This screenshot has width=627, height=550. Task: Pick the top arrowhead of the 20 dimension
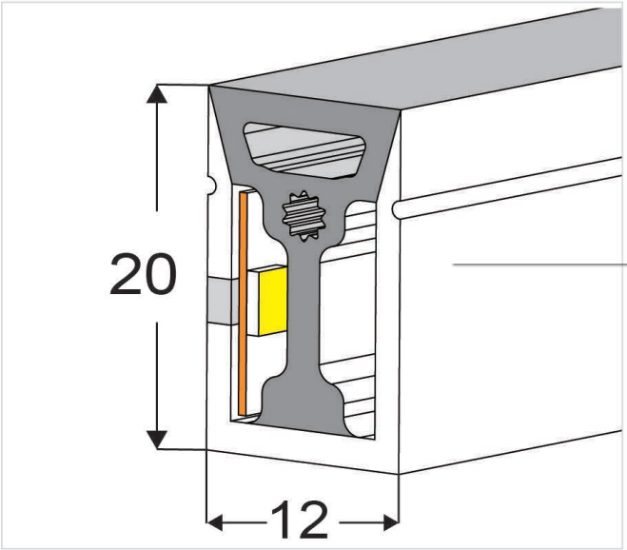[157, 93]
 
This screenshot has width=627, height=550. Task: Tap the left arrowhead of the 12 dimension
[216, 521]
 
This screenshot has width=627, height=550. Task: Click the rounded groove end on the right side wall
[400, 206]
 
